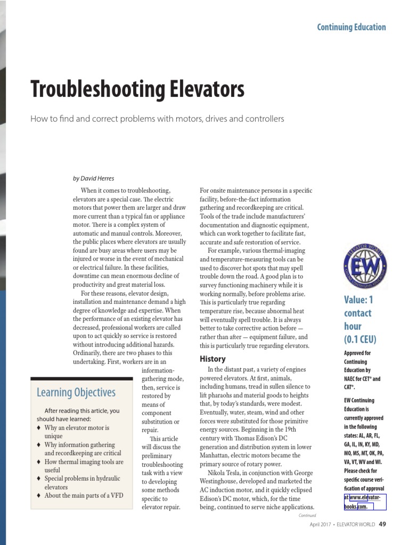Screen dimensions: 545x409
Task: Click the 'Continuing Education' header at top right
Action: [x=351, y=27]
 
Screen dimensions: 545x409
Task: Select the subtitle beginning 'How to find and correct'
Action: [x=157, y=119]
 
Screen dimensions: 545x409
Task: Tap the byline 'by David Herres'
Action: [x=93, y=178]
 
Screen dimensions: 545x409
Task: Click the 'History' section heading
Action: [x=212, y=359]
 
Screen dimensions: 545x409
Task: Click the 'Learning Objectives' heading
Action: [x=76, y=393]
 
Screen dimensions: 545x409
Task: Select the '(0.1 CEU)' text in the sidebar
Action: [x=360, y=339]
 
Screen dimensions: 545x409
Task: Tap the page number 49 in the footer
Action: [x=382, y=524]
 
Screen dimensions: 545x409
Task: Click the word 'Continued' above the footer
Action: [x=307, y=515]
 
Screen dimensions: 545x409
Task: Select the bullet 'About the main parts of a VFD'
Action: [x=84, y=496]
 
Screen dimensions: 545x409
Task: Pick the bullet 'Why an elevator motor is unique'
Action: [x=77, y=432]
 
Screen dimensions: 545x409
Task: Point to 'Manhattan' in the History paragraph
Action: [x=216, y=456]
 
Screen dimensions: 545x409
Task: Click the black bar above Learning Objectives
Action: [x=82, y=378]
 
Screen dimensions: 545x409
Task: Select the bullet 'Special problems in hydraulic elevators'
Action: [x=82, y=483]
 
